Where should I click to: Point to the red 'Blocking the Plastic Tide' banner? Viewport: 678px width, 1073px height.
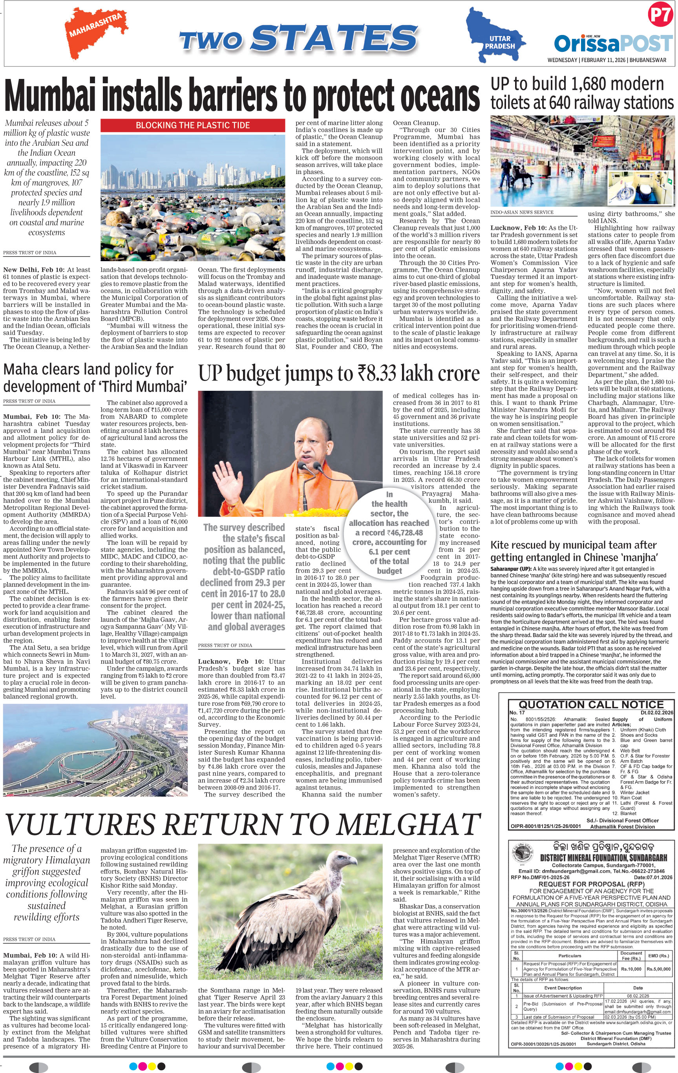click(x=192, y=125)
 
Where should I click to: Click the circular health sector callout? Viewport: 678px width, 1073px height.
click(x=389, y=532)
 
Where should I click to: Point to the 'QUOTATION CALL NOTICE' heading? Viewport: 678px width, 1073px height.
click(x=591, y=705)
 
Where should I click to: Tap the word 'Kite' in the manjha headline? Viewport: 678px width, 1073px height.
click(x=501, y=546)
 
